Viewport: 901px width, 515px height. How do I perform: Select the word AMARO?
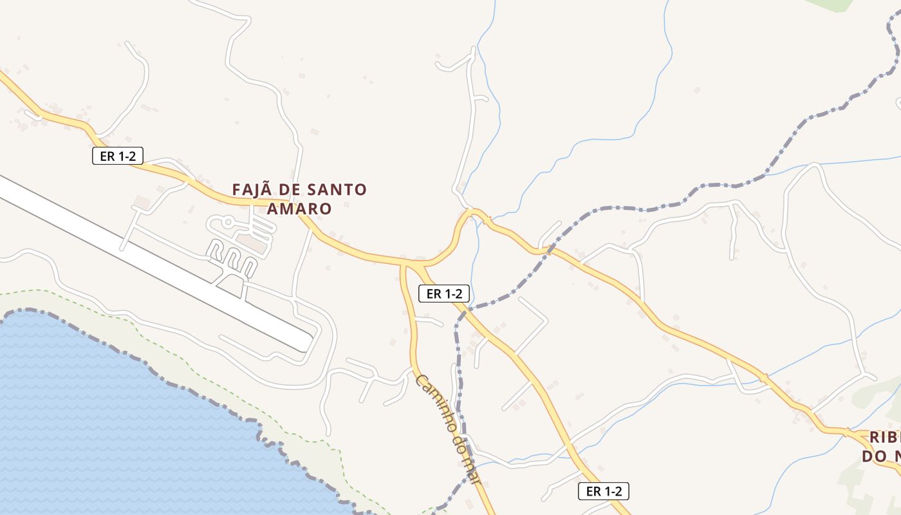[299, 209]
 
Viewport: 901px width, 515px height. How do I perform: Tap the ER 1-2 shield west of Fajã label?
[117, 156]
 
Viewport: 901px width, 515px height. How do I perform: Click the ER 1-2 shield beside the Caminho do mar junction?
[444, 294]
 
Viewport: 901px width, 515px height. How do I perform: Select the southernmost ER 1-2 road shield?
[603, 492]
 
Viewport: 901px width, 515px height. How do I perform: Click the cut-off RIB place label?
[884, 438]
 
